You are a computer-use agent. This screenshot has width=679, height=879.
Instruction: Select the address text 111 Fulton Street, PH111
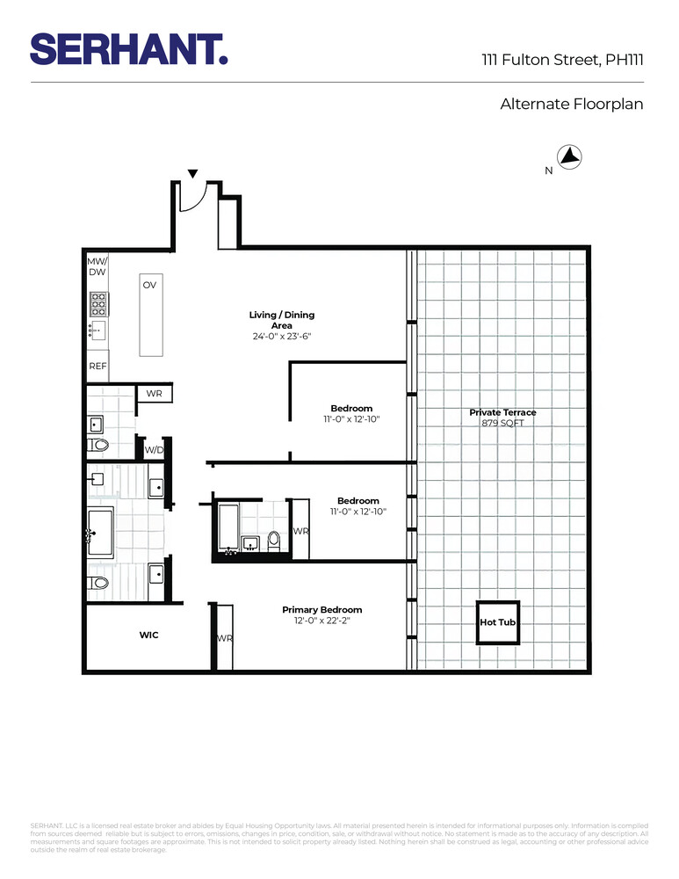[x=562, y=61]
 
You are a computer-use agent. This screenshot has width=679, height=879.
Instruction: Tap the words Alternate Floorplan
[x=572, y=104]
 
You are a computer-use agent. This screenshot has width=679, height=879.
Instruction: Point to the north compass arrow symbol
[x=572, y=157]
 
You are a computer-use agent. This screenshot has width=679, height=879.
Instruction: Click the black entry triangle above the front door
[x=193, y=174]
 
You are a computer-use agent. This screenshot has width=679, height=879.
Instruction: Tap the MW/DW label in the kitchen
[x=97, y=267]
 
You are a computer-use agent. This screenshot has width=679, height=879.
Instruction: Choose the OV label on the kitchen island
[x=149, y=286]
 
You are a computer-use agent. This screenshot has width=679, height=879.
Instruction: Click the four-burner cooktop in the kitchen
[x=98, y=303]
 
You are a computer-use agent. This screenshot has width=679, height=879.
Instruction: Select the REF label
[x=98, y=366]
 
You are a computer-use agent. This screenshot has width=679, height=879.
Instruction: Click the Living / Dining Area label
[x=281, y=320]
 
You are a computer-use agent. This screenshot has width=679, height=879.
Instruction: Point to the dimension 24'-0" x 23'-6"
[x=281, y=337]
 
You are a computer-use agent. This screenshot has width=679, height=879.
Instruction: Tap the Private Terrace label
[x=502, y=412]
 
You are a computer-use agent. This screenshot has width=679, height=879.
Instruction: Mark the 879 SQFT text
[x=502, y=423]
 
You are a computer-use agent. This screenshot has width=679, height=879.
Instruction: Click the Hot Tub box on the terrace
[x=498, y=622]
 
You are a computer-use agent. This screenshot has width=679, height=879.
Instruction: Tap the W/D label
[x=154, y=449]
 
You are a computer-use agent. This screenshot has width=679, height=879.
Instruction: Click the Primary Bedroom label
[x=321, y=610]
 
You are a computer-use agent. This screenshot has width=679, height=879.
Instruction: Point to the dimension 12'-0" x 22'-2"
[x=321, y=621]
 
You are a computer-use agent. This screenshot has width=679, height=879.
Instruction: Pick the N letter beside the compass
[x=549, y=171]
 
